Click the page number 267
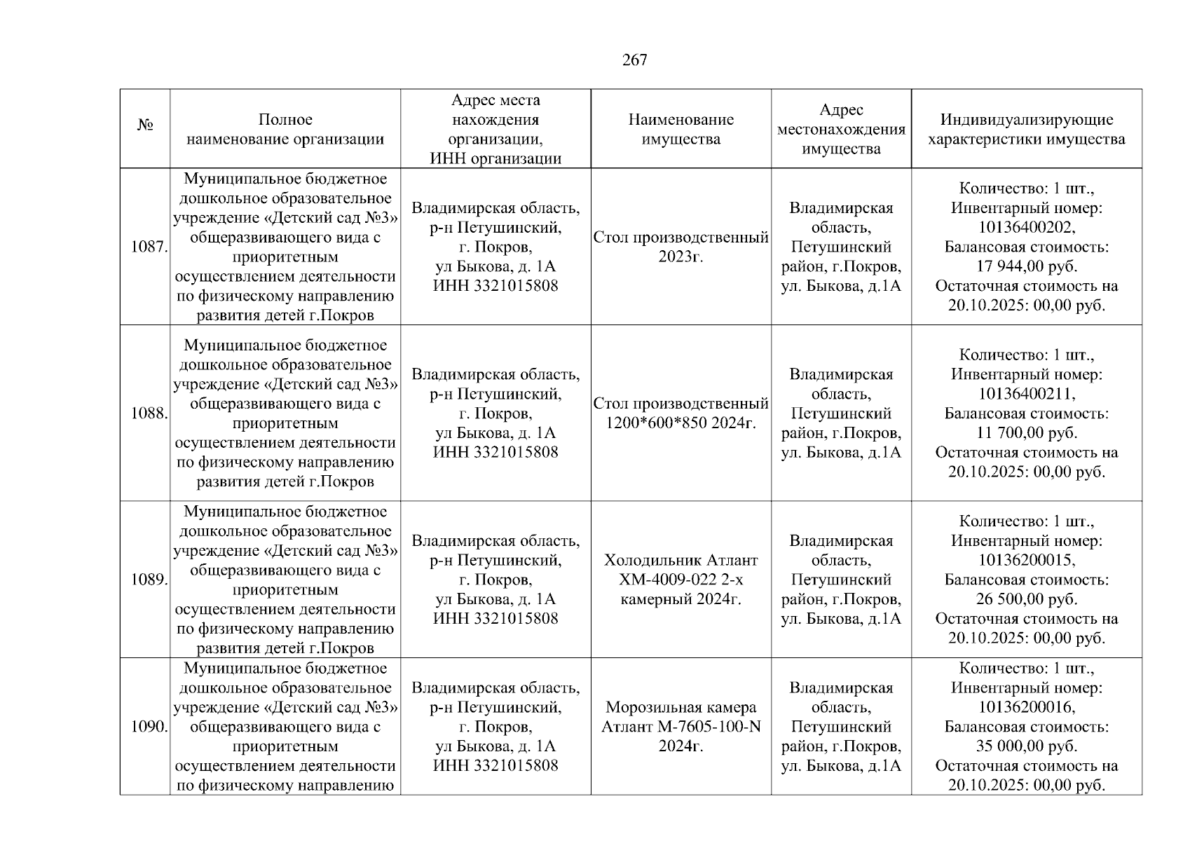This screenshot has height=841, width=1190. pyautogui.click(x=634, y=60)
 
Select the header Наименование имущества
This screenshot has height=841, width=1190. pyautogui.click(x=681, y=129)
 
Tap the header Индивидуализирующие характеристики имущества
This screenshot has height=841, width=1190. pyautogui.click(x=1026, y=129)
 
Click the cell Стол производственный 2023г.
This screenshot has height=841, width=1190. pyautogui.click(x=681, y=247)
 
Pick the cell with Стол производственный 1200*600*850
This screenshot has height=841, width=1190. pyautogui.click(x=681, y=413)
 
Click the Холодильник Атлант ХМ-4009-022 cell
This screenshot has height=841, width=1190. pyautogui.click(x=681, y=580)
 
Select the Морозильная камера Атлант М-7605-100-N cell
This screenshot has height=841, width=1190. pyautogui.click(x=681, y=726)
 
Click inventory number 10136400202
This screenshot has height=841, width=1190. pyautogui.click(x=1026, y=228)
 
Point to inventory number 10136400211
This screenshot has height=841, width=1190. pyautogui.click(x=1026, y=394)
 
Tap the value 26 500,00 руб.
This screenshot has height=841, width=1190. pyautogui.click(x=1026, y=599)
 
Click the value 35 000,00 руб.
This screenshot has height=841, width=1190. pyautogui.click(x=1026, y=746)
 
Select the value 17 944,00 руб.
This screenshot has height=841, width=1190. pyautogui.click(x=1026, y=266)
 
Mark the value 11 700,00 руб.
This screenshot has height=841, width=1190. pyautogui.click(x=1026, y=433)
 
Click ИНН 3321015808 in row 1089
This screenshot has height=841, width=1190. pyautogui.click(x=495, y=619)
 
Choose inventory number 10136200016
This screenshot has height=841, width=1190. pyautogui.click(x=1026, y=707)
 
